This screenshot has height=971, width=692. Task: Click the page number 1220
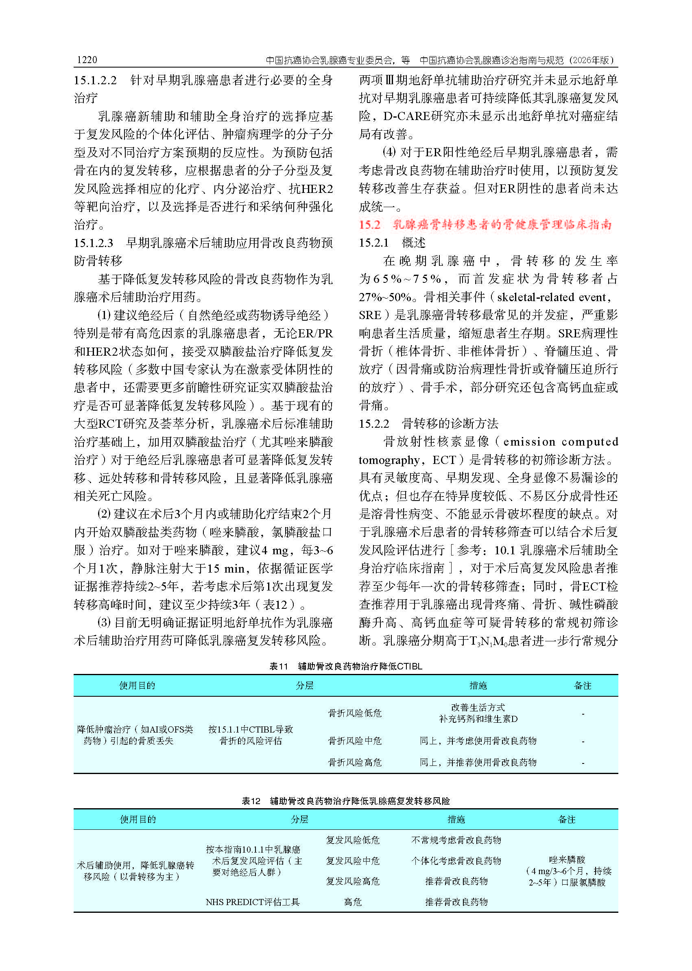(x=87, y=60)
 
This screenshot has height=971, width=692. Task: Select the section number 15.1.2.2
(x=95, y=80)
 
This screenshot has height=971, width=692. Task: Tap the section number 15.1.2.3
(x=93, y=243)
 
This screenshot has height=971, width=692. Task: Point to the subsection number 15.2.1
(x=374, y=243)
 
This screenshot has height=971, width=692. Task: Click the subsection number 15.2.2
(x=374, y=424)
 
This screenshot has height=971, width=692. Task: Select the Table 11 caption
(x=345, y=666)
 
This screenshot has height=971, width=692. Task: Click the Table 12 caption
(x=345, y=801)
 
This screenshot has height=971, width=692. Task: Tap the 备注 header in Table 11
(x=583, y=685)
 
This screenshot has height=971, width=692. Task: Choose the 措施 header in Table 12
(x=456, y=819)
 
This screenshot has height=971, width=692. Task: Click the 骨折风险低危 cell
(x=354, y=713)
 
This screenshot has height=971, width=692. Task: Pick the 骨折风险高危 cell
(x=354, y=762)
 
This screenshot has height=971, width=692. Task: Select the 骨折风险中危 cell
(x=354, y=741)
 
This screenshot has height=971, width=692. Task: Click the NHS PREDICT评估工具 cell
(x=253, y=902)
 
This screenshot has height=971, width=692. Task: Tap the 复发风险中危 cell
(x=352, y=861)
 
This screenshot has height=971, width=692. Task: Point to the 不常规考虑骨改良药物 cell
(x=456, y=840)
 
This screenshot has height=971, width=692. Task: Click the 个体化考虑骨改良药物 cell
(x=456, y=861)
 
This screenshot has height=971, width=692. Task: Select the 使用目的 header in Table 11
(x=137, y=685)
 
